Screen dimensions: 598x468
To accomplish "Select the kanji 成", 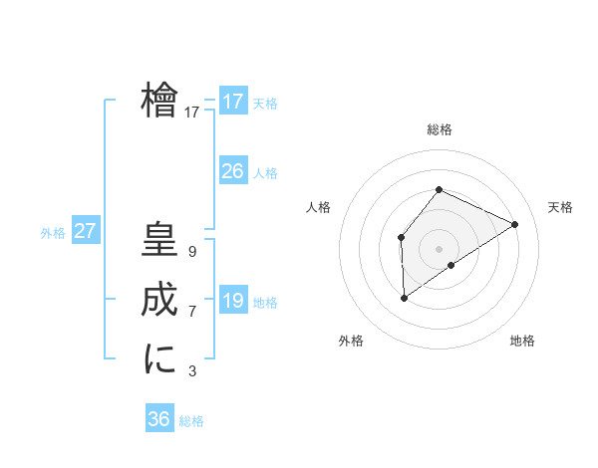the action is (x=159, y=301).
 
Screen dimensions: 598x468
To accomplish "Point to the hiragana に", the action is (x=159, y=358).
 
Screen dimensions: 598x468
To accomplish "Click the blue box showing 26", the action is (x=232, y=171).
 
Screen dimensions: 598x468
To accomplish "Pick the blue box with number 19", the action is (x=232, y=301).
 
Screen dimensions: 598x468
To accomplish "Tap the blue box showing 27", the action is (x=85, y=231).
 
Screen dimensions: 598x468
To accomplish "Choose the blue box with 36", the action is (x=158, y=419).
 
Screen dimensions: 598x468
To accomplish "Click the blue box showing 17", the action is (x=232, y=102).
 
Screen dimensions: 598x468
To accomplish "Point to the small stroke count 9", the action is (x=191, y=252).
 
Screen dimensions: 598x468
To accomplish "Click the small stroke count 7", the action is (x=191, y=312).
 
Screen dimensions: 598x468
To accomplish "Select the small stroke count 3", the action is (x=191, y=371).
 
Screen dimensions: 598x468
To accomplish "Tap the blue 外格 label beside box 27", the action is (x=53, y=233).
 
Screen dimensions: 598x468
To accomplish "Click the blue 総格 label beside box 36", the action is (x=191, y=421).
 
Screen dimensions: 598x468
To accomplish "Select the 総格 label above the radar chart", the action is (x=439, y=129).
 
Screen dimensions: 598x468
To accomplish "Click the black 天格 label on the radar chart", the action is (x=560, y=207).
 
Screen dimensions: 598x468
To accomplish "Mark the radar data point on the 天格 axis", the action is (x=514, y=224).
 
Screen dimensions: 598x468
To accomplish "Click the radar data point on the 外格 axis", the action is (x=405, y=297).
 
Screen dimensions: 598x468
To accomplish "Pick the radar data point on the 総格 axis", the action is (x=439, y=189).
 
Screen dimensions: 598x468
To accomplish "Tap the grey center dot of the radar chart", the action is (x=439, y=249).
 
